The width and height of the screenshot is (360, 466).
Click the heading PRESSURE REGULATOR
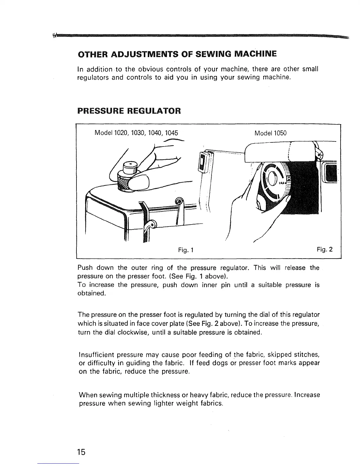pyautogui.click(x=129, y=111)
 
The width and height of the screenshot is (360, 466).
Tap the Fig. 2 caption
pyautogui.click(x=325, y=250)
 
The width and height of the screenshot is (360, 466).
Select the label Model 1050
pyautogui.click(x=270, y=133)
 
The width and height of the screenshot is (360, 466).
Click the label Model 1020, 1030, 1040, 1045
pyautogui.click(x=136, y=133)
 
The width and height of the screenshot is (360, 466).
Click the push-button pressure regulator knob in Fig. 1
pyautogui.click(x=129, y=177)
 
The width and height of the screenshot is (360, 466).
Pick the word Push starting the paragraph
pyautogui.click(x=85, y=268)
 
